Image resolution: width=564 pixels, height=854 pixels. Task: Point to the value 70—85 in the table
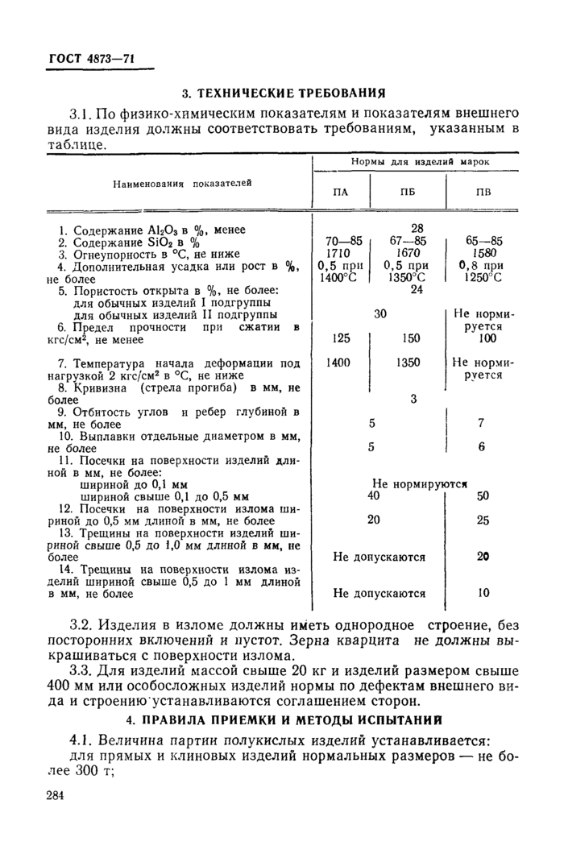click(340, 241)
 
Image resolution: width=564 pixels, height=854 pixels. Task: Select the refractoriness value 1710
click(338, 253)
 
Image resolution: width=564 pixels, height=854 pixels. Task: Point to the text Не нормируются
click(421, 484)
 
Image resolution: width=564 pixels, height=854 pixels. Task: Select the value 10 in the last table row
click(482, 593)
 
